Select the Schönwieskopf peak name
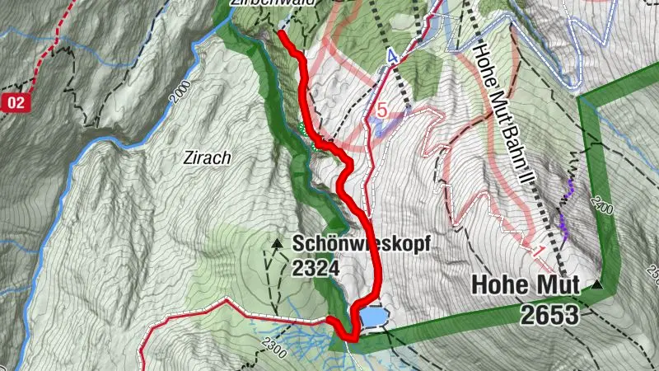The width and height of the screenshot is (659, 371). (x=361, y=246)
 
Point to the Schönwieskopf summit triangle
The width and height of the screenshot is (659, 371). (x=277, y=243)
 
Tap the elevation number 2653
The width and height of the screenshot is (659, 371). (x=549, y=313)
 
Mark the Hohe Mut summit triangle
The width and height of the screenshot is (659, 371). (x=596, y=284)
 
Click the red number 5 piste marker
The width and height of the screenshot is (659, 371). (x=381, y=110)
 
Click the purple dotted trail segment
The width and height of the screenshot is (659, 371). (x=565, y=206)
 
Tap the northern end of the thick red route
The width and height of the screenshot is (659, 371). (x=282, y=34)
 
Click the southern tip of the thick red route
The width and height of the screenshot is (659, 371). (x=351, y=337)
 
